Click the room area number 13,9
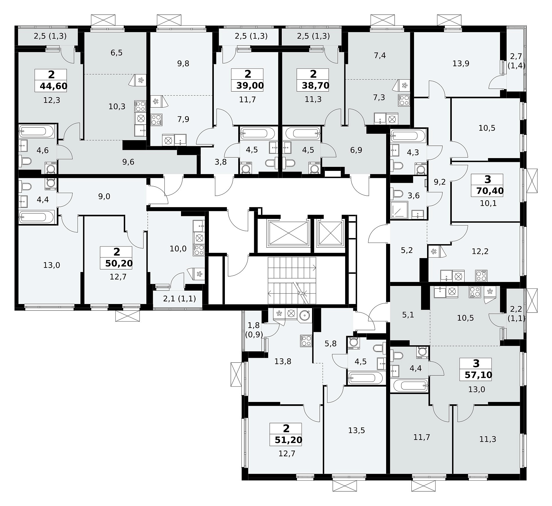pos(461,63)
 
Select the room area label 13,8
pos(283,361)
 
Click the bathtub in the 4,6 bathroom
pos(37,131)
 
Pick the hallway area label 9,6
pos(128,162)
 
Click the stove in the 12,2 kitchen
pos(481,276)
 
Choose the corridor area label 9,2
pos(440,182)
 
